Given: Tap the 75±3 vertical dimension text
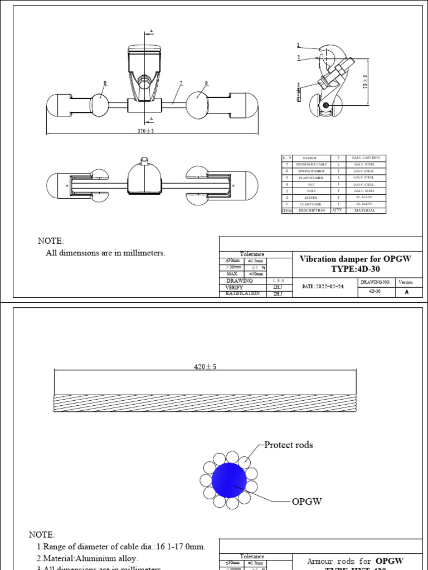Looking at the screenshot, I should (x=365, y=82).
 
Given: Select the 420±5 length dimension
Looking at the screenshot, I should (x=204, y=367).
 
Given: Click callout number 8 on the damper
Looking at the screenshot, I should (x=104, y=83).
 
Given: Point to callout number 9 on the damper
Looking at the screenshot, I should (x=206, y=83).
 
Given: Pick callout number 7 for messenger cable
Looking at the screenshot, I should (x=181, y=83).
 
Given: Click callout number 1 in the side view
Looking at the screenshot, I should (x=298, y=45).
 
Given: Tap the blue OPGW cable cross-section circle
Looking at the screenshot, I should (x=229, y=480).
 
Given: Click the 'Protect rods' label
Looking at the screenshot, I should (x=288, y=445).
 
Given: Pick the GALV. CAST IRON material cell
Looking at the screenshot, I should (x=363, y=158).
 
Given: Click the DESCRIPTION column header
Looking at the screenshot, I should (x=312, y=211).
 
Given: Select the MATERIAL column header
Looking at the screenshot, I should (x=363, y=211).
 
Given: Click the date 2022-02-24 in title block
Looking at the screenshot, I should (x=323, y=286).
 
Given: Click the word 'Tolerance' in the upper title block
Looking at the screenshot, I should (x=252, y=254).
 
